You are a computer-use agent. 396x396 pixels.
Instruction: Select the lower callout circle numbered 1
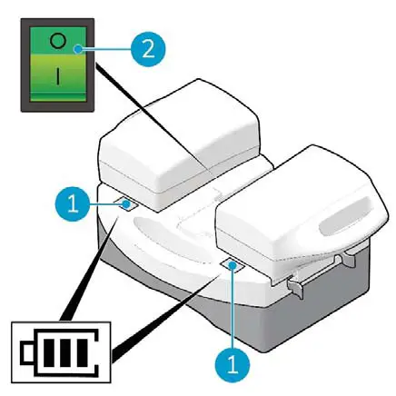(233, 364)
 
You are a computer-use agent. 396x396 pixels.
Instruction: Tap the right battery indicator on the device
(233, 264)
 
